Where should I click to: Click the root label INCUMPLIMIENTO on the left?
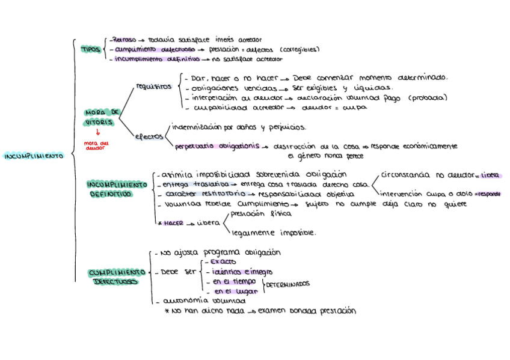tap(34, 156)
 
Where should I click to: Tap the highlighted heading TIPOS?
tap(91, 49)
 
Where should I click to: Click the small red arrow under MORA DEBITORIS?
tap(98, 132)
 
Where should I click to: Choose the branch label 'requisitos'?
tap(154, 87)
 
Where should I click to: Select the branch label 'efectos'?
tap(149, 136)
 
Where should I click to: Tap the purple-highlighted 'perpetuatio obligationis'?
tap(217, 145)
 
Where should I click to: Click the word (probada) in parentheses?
tap(428, 98)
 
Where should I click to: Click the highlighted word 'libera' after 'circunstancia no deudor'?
tap(490, 175)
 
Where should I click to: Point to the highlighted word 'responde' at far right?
tap(488, 194)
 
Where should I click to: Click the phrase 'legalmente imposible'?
tap(274, 233)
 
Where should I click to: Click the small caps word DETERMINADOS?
tap(287, 283)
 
